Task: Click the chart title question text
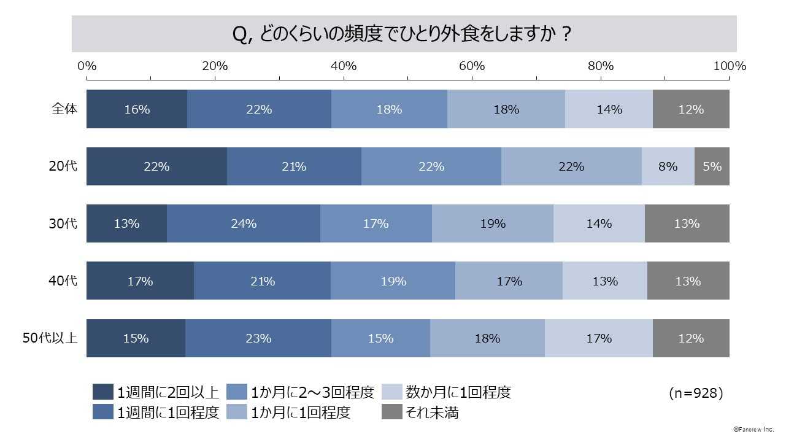click(x=403, y=34)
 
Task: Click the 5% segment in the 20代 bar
click(x=712, y=166)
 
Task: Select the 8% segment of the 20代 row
click(x=668, y=166)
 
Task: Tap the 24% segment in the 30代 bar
click(x=244, y=223)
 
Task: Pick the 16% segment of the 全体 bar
click(x=137, y=109)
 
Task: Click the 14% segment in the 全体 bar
click(x=609, y=109)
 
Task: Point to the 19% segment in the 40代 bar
click(x=393, y=281)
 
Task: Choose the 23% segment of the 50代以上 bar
click(x=258, y=338)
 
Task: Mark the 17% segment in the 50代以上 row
click(x=598, y=338)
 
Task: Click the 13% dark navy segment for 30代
click(x=126, y=223)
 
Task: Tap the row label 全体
click(x=64, y=109)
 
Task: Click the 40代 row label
click(x=63, y=281)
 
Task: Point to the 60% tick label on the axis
click(x=472, y=66)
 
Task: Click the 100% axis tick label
click(x=730, y=66)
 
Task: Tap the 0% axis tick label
click(x=87, y=66)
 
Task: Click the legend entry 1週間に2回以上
click(x=156, y=392)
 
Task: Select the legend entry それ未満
click(x=420, y=413)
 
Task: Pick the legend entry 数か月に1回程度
click(x=447, y=392)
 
